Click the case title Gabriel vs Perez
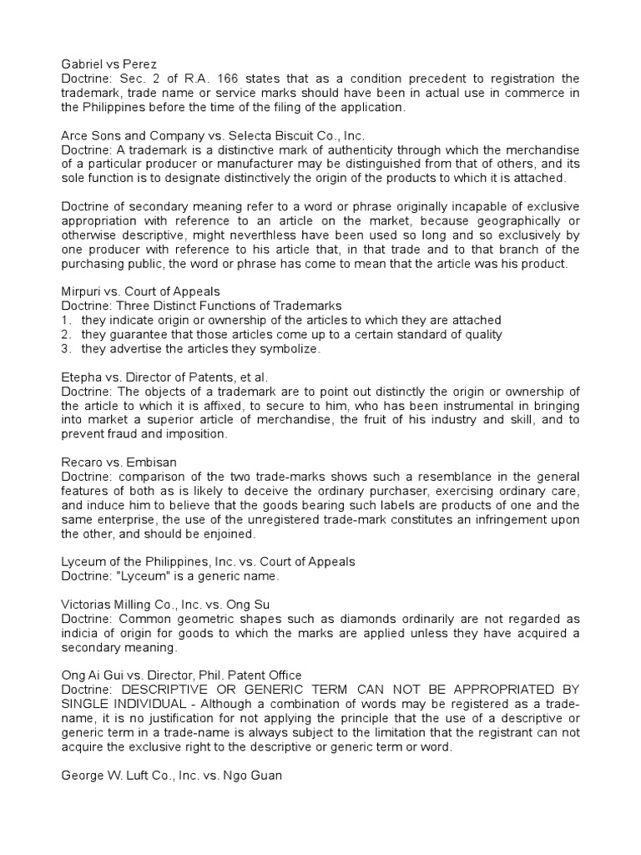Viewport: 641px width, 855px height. [109, 63]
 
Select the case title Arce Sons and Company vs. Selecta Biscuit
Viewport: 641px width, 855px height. [213, 135]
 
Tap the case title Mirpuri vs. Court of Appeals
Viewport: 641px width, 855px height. [141, 291]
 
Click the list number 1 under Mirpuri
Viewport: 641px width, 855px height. [66, 321]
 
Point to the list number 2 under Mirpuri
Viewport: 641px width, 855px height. [66, 335]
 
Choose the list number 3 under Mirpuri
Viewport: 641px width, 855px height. [66, 349]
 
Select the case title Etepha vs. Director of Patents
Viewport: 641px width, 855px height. [164, 377]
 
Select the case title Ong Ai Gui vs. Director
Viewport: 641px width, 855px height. [182, 675]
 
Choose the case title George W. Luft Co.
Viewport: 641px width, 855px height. [172, 776]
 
